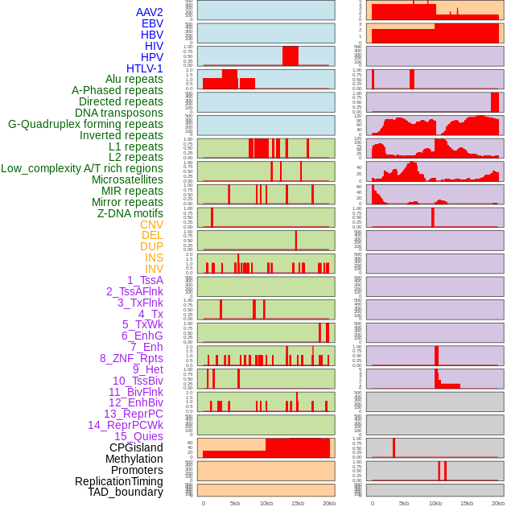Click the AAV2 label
(x=150, y=12)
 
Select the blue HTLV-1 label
(x=145, y=68)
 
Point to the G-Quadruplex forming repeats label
(x=85, y=124)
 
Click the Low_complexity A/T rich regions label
(x=82, y=168)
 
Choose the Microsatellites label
(x=127, y=179)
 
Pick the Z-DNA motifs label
(x=130, y=213)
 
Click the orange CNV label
(x=151, y=225)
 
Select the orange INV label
(x=154, y=269)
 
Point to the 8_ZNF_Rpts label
(x=131, y=358)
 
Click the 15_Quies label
(x=138, y=436)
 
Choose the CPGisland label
(x=136, y=447)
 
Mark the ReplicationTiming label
(x=119, y=481)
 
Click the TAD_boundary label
(x=126, y=492)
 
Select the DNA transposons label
(x=119, y=113)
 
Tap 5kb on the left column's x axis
(x=235, y=503)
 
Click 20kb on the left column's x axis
(x=329, y=503)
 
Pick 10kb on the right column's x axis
(x=435, y=503)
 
